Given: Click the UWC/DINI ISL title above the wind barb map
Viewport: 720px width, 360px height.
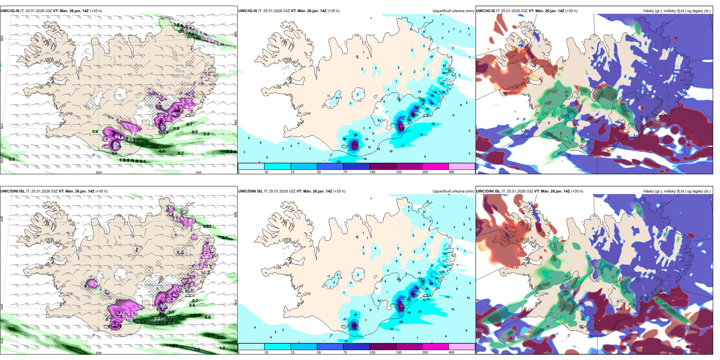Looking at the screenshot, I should click(13, 191).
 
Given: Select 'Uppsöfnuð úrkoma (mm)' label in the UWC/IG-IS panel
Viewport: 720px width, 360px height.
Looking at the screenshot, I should click(453, 11).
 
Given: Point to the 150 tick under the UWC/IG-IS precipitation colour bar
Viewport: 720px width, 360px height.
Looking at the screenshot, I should click(399, 172).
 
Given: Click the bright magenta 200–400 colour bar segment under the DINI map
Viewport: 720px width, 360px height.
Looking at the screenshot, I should click(435, 347).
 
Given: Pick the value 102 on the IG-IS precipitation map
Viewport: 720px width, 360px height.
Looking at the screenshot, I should click(416, 108).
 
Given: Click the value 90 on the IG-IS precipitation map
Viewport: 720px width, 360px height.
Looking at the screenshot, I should click(432, 103).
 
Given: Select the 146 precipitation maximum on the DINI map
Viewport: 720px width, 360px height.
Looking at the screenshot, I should click(354, 326).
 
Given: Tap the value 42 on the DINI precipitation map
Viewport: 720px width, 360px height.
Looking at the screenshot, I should click(445, 266).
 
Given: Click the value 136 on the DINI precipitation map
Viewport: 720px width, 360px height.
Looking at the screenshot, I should click(413, 294).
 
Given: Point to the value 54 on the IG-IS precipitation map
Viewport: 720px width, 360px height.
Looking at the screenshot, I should click(435, 92).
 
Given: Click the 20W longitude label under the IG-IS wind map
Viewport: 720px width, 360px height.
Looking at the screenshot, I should click(99, 172).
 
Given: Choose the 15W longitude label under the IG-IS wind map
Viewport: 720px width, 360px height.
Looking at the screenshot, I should click(198, 172).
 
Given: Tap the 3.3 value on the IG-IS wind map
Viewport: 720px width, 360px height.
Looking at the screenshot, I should click(135, 141).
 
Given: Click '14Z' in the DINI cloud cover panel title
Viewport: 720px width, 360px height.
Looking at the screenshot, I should click(566, 191).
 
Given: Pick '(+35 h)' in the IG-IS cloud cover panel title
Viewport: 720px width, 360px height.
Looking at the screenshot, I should click(571, 11).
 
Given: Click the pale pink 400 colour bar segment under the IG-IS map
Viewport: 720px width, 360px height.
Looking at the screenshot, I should click(462, 166).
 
